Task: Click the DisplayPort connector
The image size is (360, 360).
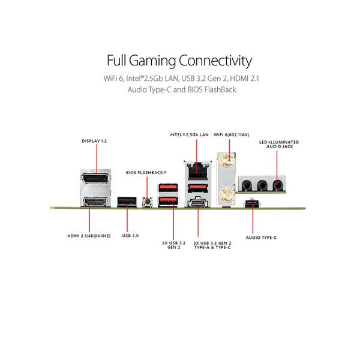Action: tap(97, 181)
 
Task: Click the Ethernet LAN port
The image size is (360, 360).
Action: tap(196, 170)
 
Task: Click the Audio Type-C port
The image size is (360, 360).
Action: tap(254, 203)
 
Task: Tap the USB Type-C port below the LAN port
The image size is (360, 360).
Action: tap(196, 203)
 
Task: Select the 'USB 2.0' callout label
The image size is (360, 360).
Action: tap(130, 236)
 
